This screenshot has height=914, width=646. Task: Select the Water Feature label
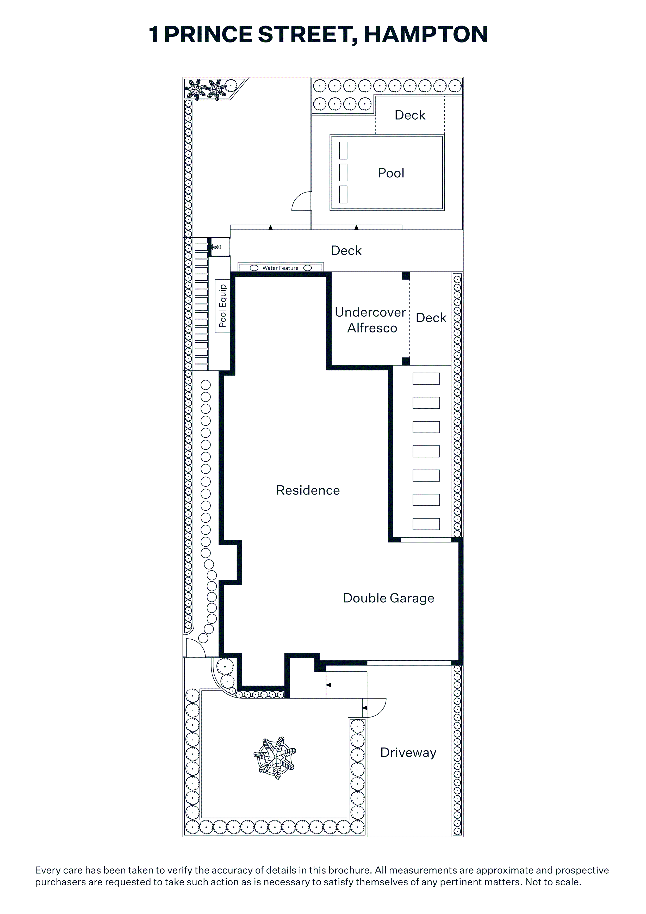click(x=280, y=268)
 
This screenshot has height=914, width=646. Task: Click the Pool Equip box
click(x=222, y=306)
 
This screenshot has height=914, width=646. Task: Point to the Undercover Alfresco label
click(x=371, y=320)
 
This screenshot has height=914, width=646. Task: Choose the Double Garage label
click(x=388, y=598)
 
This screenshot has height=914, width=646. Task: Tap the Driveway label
click(x=408, y=752)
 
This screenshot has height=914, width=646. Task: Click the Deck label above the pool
click(x=410, y=115)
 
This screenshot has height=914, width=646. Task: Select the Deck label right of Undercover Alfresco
click(x=431, y=318)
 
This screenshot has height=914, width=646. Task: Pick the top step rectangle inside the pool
click(x=343, y=151)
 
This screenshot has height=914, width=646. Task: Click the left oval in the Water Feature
click(x=254, y=268)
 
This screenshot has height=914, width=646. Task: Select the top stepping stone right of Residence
click(x=426, y=379)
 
